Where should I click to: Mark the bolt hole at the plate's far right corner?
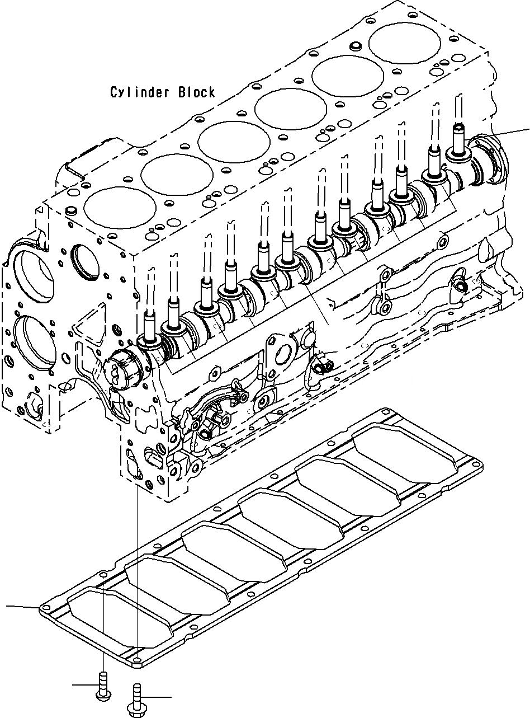click(x=478, y=464)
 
